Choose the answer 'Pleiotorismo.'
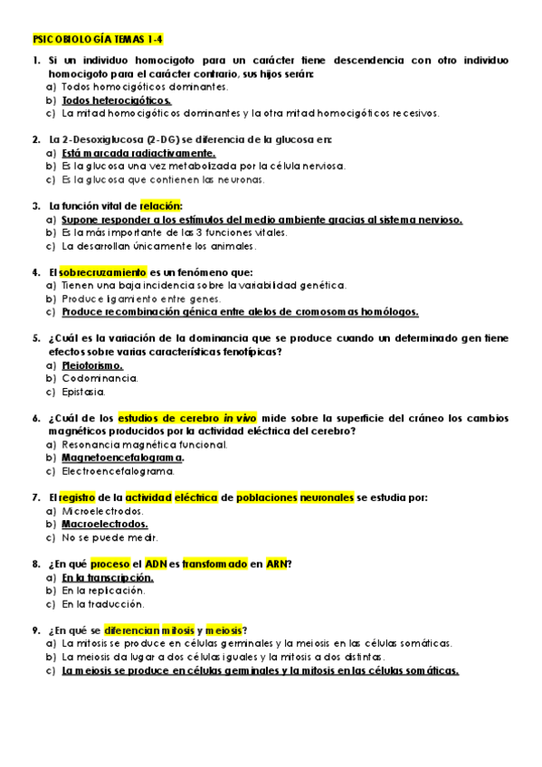tap(92, 365)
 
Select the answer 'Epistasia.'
tap(83, 393)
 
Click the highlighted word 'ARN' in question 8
tap(276, 563)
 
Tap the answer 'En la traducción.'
tap(103, 603)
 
